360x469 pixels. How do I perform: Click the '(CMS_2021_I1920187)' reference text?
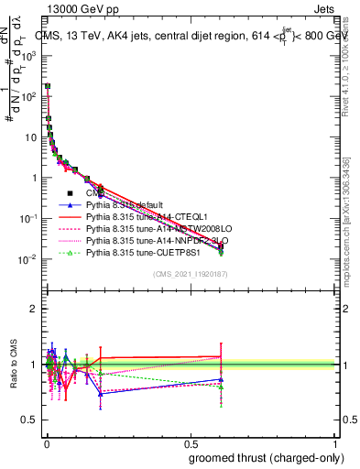[191, 274]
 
